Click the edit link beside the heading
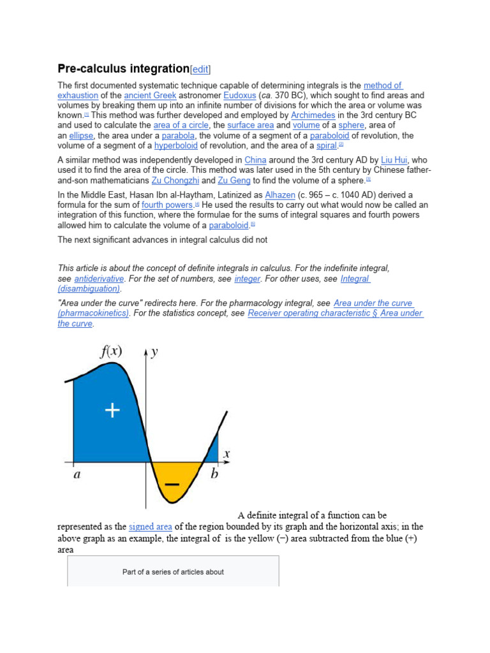[x=200, y=70]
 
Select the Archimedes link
[x=313, y=115]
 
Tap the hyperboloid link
[x=177, y=145]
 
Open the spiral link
[x=326, y=145]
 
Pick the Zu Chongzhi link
[x=175, y=180]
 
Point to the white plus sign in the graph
[x=112, y=411]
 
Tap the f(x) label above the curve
[x=111, y=351]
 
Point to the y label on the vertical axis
[x=154, y=353]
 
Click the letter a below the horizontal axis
[x=77, y=475]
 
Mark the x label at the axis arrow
[x=226, y=454]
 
